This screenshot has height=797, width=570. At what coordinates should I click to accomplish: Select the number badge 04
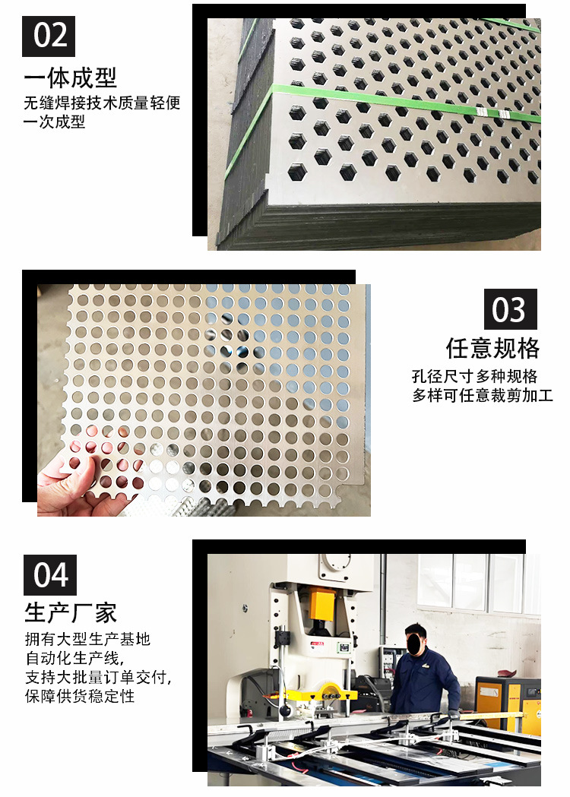point(50,574)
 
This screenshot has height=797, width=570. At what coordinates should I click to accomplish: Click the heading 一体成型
point(70,78)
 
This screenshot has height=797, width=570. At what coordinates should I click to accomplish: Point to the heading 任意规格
point(493,348)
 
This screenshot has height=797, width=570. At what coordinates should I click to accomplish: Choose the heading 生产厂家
point(71,612)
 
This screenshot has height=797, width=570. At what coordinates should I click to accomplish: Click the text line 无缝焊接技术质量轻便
point(102,103)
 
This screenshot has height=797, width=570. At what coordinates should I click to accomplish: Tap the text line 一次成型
point(54,122)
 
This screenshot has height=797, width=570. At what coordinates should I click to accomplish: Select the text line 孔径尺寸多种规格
point(475,376)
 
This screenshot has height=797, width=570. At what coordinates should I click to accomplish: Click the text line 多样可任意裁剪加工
point(483,395)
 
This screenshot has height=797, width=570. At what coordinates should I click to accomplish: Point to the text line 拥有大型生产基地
point(87,639)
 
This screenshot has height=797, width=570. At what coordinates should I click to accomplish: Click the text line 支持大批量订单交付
point(97,677)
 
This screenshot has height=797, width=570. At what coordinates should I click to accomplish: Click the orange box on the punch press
point(321,605)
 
